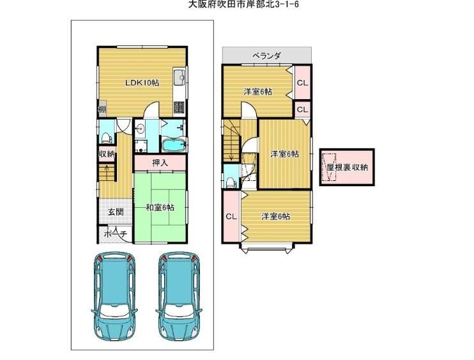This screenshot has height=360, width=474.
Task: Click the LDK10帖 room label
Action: coord(142,82)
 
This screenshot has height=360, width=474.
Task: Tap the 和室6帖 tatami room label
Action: coord(160,208)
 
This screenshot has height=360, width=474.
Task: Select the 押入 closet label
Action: coord(160,163)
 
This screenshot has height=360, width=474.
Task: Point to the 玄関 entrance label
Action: coord(116,212)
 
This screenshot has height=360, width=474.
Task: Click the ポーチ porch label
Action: coord(116,233)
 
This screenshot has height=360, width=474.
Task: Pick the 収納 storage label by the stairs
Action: coord(107,154)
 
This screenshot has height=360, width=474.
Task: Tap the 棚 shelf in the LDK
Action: coord(102,109)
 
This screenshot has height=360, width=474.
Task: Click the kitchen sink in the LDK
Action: coord(180,77)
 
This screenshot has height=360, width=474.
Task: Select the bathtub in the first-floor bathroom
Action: coord(174,145)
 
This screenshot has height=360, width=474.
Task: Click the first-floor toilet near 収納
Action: coord(106,137)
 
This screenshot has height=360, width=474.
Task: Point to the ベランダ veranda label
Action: coord(266,56)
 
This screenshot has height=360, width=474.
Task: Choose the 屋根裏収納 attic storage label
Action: coord(348,167)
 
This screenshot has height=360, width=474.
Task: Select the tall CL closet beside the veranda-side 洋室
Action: coord(303,82)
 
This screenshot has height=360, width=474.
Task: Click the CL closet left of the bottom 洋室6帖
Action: coord(231,216)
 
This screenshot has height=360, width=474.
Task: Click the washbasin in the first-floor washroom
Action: coord(140,129)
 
